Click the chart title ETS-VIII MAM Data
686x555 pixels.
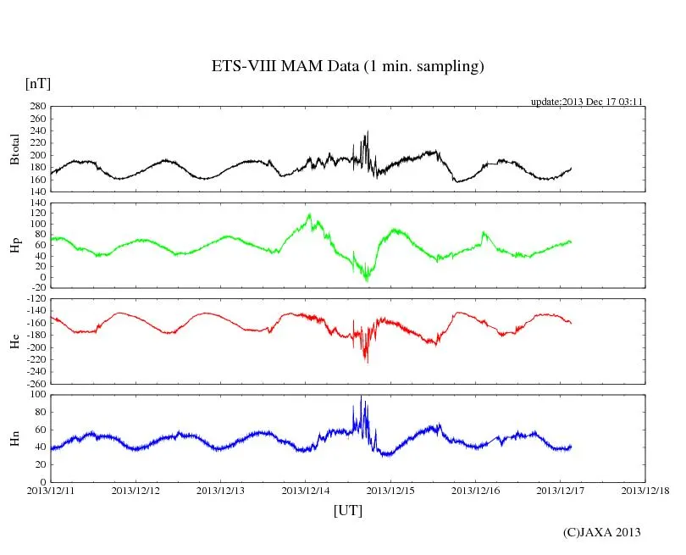coord(347,67)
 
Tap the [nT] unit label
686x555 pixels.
coord(38,83)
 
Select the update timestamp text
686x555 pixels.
coord(587,102)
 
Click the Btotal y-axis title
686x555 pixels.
coord(14,148)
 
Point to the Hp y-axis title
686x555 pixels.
coord(14,245)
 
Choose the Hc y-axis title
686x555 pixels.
coord(14,341)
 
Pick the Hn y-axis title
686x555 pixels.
coord(14,437)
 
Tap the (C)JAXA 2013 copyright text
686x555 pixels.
coord(601,532)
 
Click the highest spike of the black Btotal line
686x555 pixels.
coord(368,132)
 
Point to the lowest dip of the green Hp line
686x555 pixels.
coord(367,280)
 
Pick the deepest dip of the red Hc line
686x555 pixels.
coord(367,363)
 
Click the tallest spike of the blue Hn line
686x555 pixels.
coord(361,397)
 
